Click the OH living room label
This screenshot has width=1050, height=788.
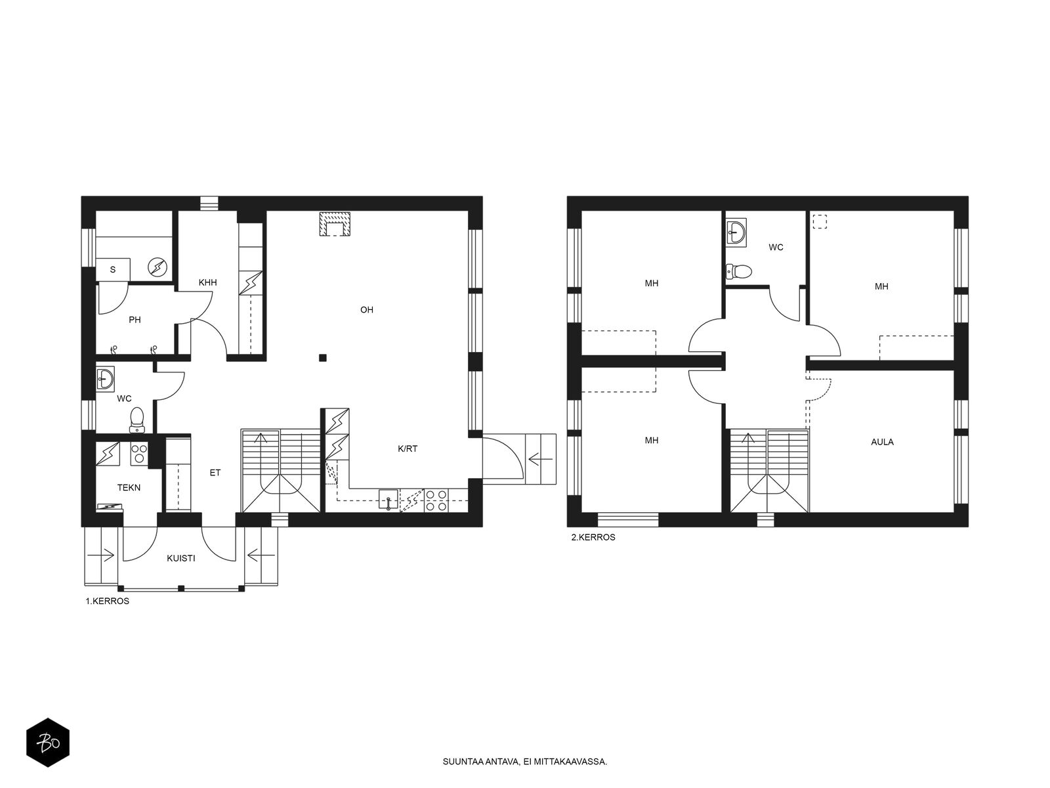tap(366, 310)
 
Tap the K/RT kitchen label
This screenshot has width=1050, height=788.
tap(408, 449)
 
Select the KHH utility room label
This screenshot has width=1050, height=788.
tap(207, 283)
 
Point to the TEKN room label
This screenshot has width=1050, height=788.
tap(129, 488)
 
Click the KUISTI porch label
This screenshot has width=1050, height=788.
tap(181, 558)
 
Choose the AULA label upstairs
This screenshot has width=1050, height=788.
tap(882, 442)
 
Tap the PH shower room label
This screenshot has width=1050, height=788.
tap(135, 320)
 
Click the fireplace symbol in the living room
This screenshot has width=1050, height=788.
tap(335, 224)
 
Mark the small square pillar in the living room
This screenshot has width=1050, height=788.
tap(323, 357)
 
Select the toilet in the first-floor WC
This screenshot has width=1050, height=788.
tap(137, 420)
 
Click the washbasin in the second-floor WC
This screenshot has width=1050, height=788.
tap(736, 232)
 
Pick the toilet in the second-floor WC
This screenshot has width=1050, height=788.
tap(738, 271)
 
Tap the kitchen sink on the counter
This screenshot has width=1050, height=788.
tap(388, 500)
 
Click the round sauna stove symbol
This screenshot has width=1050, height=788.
tap(157, 267)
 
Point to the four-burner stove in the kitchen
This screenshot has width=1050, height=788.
tap(436, 500)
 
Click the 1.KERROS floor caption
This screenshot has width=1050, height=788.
tap(107, 602)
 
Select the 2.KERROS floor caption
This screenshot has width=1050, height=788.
tap(593, 537)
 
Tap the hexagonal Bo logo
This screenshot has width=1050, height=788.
tap(48, 743)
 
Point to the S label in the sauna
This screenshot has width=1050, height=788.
tap(113, 270)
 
